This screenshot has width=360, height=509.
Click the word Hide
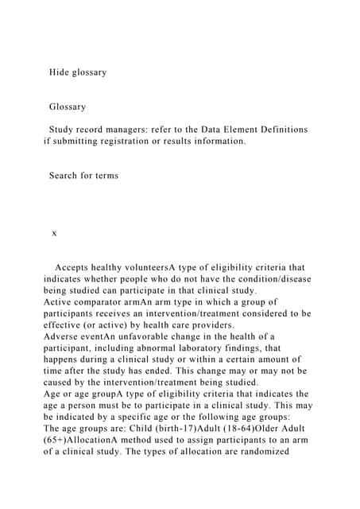(62, 72)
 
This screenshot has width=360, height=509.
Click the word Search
(66, 175)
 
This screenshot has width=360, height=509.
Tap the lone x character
(54, 233)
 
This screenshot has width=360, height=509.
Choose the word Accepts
(76, 267)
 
